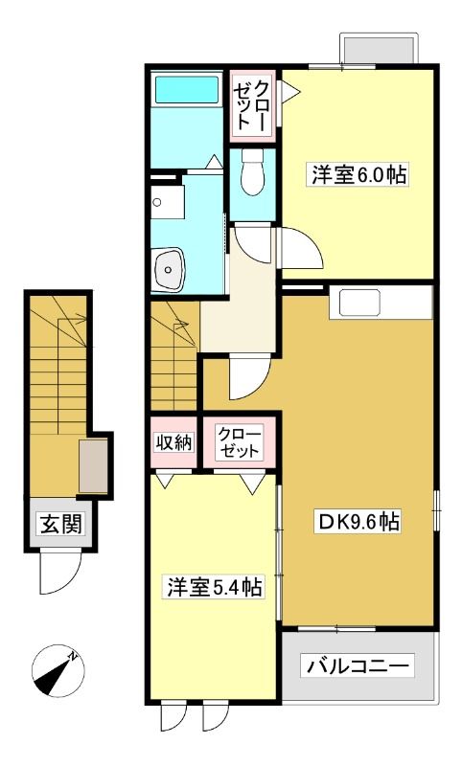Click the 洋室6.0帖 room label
point(358,174)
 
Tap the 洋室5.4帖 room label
point(215,587)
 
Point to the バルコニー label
point(357,665)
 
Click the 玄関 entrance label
point(60,524)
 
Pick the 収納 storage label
point(173,442)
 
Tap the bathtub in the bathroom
point(186,89)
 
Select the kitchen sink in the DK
point(360,304)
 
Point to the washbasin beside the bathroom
point(169,268)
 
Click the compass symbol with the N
point(58,668)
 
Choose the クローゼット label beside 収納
point(239,442)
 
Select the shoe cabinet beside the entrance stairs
point(93,465)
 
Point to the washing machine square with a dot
point(167,202)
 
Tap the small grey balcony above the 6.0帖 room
point(379,49)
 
